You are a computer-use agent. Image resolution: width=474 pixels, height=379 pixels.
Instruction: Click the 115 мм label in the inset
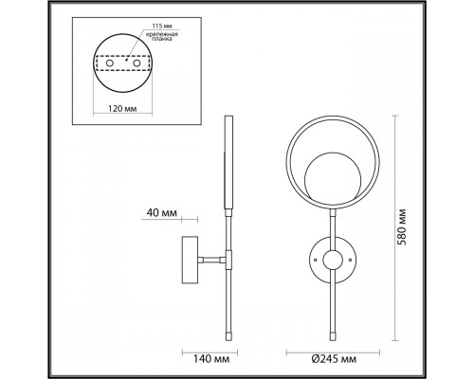[x=162, y=26]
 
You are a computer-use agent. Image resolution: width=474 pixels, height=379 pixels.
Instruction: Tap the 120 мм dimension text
[x=122, y=109]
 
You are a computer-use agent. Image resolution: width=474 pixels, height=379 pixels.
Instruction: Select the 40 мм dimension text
[x=162, y=213]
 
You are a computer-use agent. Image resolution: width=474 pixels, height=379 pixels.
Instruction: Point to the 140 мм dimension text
[x=211, y=359]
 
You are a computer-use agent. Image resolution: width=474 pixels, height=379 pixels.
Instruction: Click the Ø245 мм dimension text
[x=334, y=359]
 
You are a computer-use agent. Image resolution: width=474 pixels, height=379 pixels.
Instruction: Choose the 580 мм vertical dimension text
[x=402, y=226]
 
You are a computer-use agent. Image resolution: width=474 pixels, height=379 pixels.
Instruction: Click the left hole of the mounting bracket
[x=110, y=63]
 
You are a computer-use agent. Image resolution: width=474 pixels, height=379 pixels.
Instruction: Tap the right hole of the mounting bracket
[x=137, y=63]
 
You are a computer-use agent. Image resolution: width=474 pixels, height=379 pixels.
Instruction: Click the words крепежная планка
[x=162, y=37]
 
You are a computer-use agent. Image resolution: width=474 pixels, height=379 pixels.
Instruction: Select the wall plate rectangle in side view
[x=190, y=260]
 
